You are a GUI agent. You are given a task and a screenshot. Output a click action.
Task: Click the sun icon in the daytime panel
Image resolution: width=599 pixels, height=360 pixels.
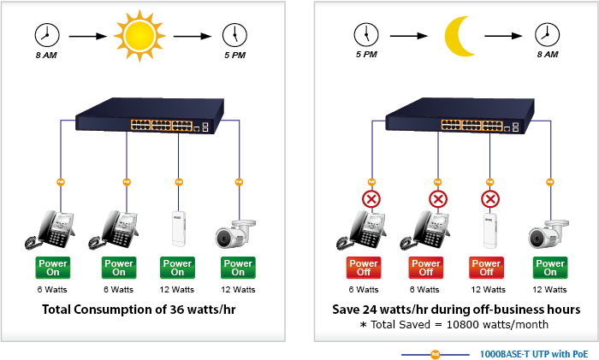coord(138,36)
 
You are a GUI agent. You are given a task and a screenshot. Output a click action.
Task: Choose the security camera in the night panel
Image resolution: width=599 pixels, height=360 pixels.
coord(549,233)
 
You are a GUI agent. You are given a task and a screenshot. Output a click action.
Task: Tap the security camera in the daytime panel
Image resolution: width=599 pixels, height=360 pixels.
coord(237,233)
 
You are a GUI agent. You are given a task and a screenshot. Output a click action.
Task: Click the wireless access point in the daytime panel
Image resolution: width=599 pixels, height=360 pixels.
coord(178,228)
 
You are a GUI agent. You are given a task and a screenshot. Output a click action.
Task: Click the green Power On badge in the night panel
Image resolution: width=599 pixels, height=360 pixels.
coord(549,268)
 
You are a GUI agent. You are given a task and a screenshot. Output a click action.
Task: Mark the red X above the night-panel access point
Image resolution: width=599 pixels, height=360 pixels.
coord(490,200)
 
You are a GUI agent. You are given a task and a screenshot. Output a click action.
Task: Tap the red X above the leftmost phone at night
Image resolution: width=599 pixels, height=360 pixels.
coord(371,200)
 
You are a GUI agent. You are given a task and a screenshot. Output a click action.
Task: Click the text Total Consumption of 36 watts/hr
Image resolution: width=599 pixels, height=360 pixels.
coord(139,309)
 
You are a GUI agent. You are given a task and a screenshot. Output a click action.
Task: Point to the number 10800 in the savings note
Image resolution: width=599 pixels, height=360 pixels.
coord(455,326)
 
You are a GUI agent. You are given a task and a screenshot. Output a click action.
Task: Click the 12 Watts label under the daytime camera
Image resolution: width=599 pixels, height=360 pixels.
coord(237,290)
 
